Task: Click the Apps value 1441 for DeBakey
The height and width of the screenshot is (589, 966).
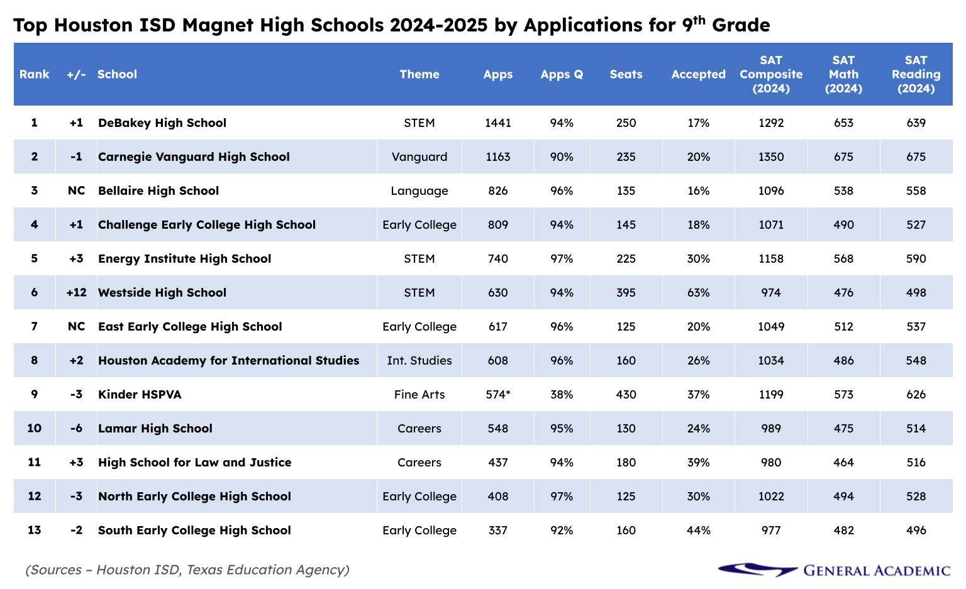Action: pyautogui.click(x=497, y=123)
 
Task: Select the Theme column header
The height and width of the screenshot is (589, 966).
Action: pyautogui.click(x=419, y=74)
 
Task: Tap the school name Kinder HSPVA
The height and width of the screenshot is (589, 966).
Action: pyautogui.click(x=140, y=395)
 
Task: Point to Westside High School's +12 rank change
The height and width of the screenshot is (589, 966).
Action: pyautogui.click(x=76, y=293)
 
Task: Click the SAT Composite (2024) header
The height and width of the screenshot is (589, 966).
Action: pyautogui.click(x=771, y=74)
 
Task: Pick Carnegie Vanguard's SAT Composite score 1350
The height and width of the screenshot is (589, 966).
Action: pyautogui.click(x=771, y=157)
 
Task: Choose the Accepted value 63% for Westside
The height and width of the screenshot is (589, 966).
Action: pyautogui.click(x=698, y=293)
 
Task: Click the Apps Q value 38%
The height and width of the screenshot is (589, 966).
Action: pyautogui.click(x=562, y=395)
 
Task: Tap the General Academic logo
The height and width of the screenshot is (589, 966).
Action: pyautogui.click(x=834, y=570)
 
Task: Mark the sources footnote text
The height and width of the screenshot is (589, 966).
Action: pyautogui.click(x=187, y=570)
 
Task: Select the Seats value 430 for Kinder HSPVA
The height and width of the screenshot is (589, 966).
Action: pyautogui.click(x=626, y=395)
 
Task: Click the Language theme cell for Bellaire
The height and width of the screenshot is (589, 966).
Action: pyautogui.click(x=419, y=191)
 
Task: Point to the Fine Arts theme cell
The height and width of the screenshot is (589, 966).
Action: pyautogui.click(x=419, y=395)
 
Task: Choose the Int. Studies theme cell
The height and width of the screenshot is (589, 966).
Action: pyautogui.click(x=419, y=361)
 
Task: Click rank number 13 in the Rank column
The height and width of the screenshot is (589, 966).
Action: pyautogui.click(x=34, y=531)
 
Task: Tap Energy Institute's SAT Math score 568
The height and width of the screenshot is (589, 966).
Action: pyautogui.click(x=843, y=259)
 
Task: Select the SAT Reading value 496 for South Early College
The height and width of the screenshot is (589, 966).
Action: pyautogui.click(x=916, y=531)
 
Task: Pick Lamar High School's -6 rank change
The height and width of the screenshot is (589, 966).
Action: pyautogui.click(x=76, y=429)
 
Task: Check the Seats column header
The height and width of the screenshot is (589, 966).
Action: pyautogui.click(x=626, y=74)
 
